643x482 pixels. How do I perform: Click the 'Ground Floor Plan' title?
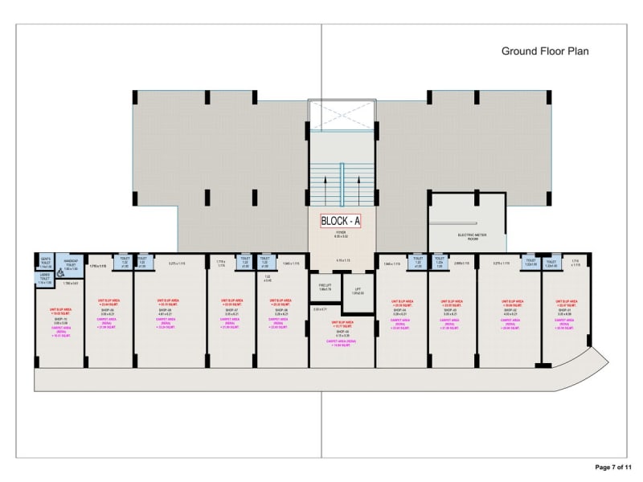(x=545, y=51)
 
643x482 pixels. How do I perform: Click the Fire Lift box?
(x=324, y=288)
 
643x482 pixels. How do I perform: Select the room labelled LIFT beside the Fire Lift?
(x=358, y=291)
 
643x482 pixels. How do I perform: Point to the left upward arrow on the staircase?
(x=325, y=182)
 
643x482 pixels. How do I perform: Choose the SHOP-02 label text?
(x=509, y=308)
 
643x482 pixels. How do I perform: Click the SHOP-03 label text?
(x=451, y=308)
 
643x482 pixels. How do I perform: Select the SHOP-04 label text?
(x=399, y=308)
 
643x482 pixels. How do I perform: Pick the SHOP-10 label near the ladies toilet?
(x=59, y=319)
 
